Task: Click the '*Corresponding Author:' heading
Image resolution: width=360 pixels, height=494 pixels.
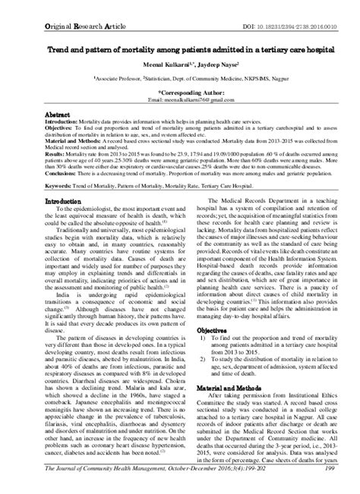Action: coord(180,88)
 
